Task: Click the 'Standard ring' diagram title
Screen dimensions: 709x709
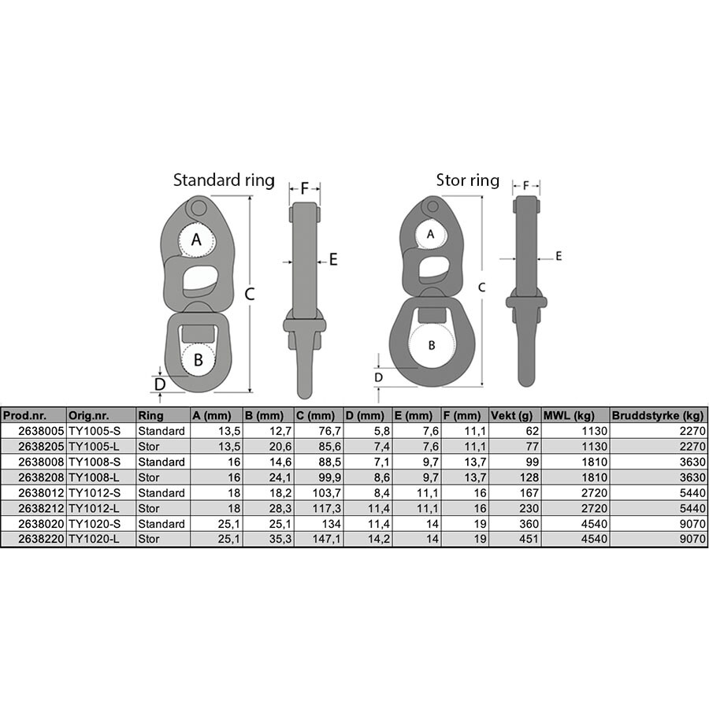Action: pyautogui.click(x=224, y=180)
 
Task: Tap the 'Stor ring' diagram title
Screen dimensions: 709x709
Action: pyautogui.click(x=467, y=180)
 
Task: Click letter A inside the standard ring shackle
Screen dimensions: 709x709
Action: pyautogui.click(x=196, y=239)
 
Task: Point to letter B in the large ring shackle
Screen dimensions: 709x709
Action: pyautogui.click(x=432, y=346)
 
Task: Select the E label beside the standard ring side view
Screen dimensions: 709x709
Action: pyautogui.click(x=333, y=259)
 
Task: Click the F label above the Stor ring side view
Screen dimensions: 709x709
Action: pyautogui.click(x=525, y=185)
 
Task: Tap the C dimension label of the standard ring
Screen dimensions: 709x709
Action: pyautogui.click(x=250, y=295)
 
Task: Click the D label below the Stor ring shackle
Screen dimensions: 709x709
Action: pyautogui.click(x=378, y=377)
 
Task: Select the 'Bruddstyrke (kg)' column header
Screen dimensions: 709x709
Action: pyautogui.click(x=658, y=415)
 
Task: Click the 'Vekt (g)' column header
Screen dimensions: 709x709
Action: pyautogui.click(x=512, y=415)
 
